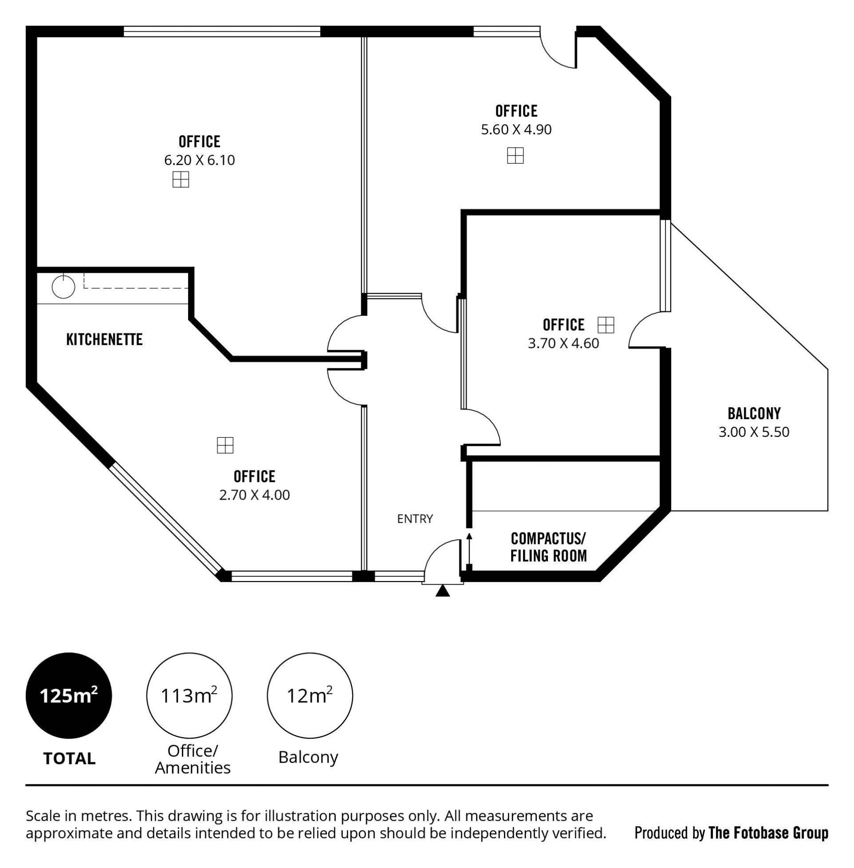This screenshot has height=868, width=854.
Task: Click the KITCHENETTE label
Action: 104,339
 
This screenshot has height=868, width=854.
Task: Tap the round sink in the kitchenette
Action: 63,287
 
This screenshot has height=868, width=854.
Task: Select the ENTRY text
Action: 415,519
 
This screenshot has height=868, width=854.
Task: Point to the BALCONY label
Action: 754,413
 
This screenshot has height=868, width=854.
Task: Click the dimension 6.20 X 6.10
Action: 200,160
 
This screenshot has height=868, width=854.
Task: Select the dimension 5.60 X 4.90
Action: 516,129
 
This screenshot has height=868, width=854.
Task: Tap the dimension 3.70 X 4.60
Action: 564,343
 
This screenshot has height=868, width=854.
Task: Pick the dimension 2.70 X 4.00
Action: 254,495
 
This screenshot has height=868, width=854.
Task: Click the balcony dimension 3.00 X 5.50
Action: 754,432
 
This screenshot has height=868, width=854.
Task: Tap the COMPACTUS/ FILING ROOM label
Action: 548,547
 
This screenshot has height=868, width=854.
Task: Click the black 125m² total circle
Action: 68,696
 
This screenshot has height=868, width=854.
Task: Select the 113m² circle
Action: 189,696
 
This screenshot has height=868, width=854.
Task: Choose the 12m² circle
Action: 310,696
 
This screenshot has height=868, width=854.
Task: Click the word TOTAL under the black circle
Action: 69,759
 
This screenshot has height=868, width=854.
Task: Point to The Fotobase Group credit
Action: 768,833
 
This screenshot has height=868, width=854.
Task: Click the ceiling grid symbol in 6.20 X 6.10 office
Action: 181,179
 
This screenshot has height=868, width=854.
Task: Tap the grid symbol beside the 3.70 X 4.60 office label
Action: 605,325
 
